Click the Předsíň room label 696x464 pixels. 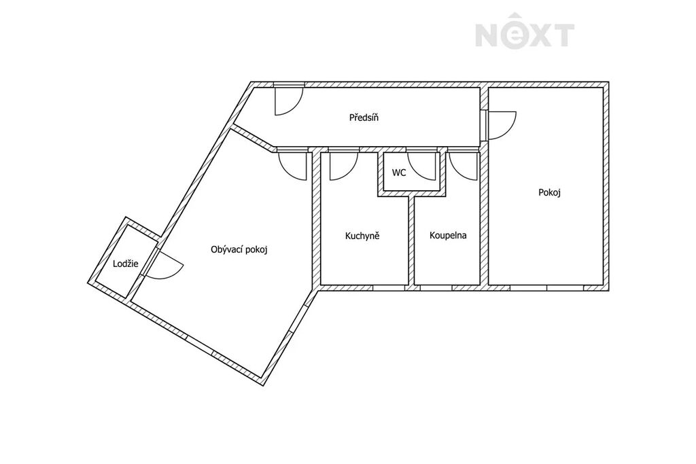pos(364,118)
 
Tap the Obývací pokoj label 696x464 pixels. pos(239,250)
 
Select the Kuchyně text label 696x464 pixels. pos(362,236)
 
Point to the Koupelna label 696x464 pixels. pos(448,235)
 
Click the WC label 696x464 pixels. pos(398,173)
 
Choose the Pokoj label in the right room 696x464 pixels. pos(549,192)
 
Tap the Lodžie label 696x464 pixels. pos(125,264)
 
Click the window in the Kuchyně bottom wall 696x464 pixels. pos(389,288)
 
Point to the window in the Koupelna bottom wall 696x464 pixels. pos(436,288)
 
